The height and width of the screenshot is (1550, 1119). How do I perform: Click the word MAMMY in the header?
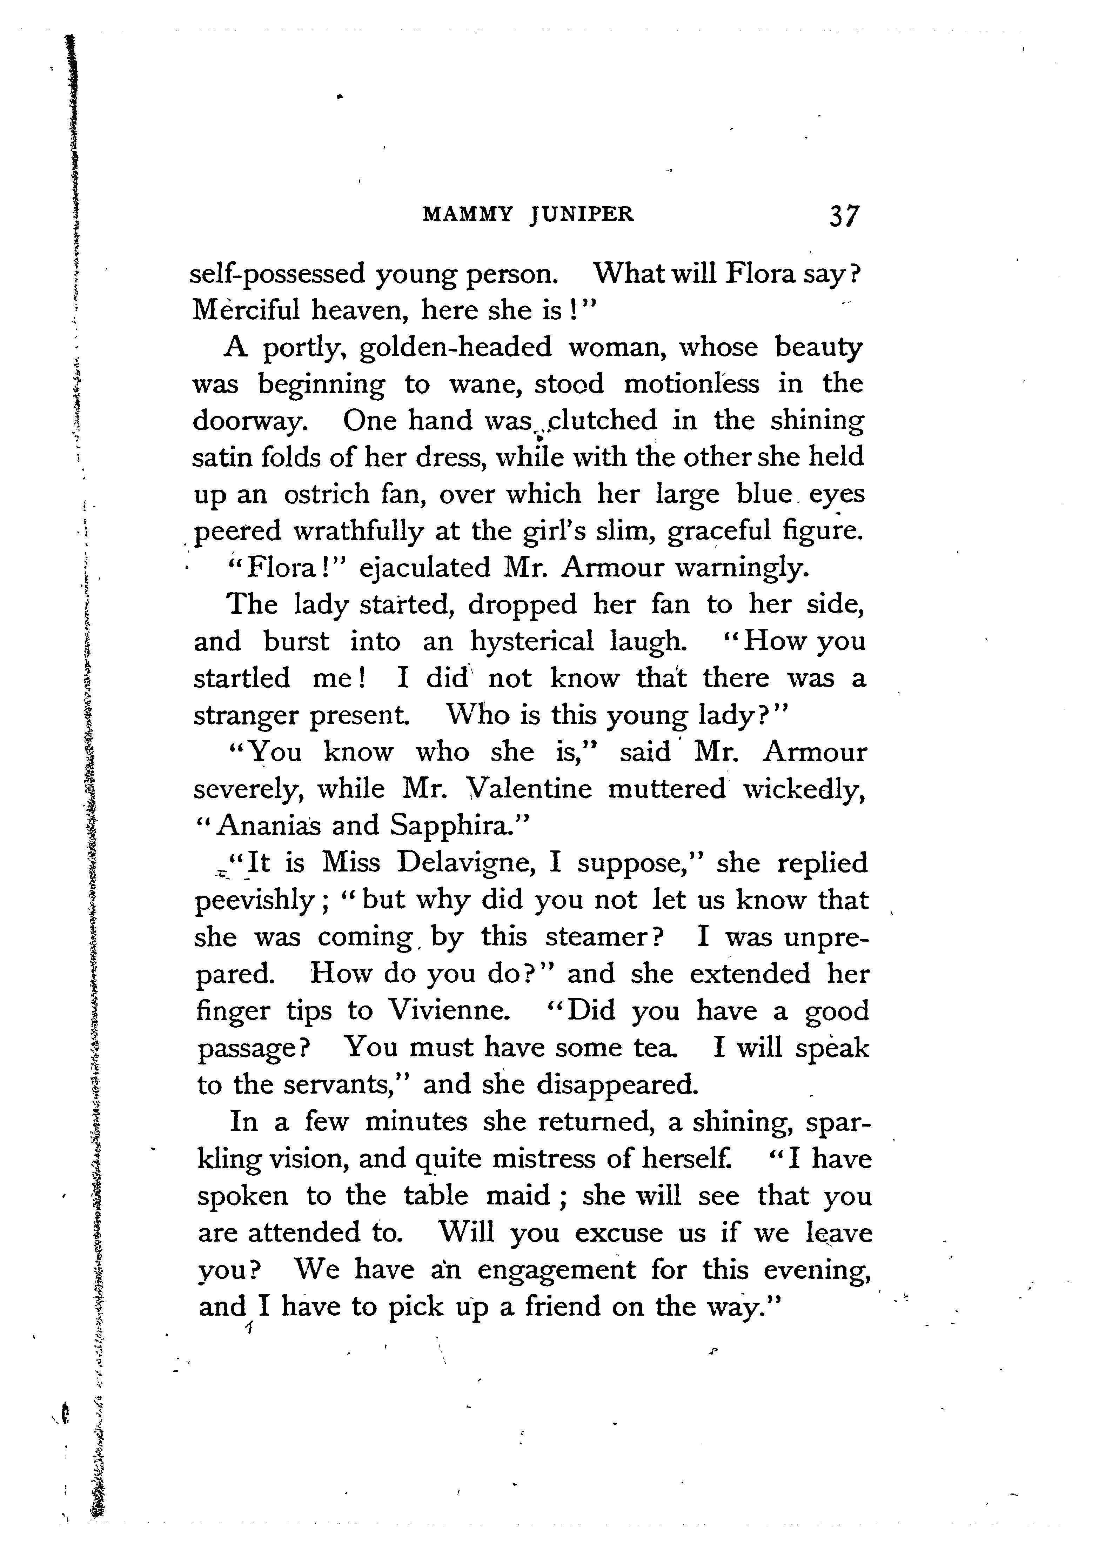point(467,215)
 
